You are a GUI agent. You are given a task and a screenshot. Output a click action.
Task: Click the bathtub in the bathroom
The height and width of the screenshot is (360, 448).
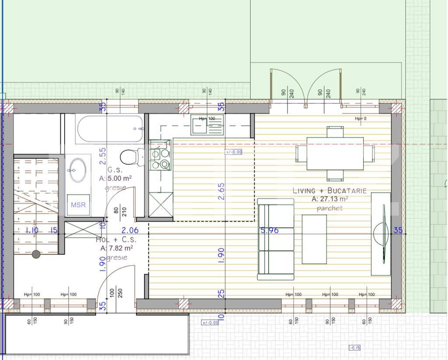(x=110, y=129)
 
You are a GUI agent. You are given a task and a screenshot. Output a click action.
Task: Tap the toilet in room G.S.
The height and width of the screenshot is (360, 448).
(x=131, y=156)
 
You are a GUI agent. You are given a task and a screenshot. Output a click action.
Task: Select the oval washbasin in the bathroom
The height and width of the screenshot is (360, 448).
(x=78, y=170)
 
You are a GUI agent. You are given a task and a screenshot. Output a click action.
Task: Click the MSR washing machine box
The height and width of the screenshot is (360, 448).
(x=78, y=205)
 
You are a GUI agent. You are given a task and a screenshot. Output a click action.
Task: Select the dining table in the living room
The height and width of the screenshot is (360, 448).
(x=335, y=153)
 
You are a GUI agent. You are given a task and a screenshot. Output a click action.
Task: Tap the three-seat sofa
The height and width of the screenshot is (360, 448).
(x=276, y=239)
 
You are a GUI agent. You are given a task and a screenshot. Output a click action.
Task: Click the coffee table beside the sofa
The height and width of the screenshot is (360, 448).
(x=314, y=239)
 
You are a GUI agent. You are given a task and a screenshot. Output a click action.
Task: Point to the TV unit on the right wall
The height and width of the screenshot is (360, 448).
(x=381, y=234)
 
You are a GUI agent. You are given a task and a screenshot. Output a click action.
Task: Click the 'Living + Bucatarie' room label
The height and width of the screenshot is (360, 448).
(x=329, y=191)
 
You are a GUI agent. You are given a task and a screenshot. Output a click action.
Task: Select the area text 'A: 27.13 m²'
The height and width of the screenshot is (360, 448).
(x=329, y=199)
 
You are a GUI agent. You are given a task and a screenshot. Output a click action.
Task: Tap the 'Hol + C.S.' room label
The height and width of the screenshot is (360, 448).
(x=116, y=240)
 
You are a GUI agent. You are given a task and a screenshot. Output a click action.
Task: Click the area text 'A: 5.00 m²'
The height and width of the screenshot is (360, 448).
(x=115, y=178)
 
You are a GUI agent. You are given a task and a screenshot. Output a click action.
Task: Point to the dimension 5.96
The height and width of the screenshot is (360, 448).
(x=269, y=230)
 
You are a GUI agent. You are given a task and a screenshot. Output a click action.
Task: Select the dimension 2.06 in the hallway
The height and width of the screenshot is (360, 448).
(x=130, y=230)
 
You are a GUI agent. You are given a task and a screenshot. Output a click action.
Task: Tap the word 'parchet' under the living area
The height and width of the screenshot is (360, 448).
(x=330, y=208)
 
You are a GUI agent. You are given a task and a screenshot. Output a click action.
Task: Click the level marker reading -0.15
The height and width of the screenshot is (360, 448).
(x=354, y=348)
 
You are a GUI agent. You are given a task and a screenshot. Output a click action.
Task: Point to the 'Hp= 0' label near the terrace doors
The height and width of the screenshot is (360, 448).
(x=360, y=119)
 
